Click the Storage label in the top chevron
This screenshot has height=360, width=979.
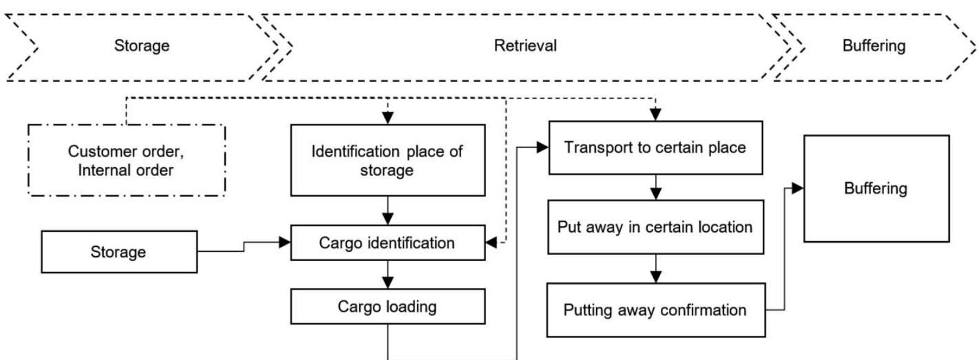pyautogui.click(x=142, y=46)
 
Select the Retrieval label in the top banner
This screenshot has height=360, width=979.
pyautogui.click(x=525, y=46)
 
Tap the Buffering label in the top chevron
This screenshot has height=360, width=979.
pyautogui.click(x=873, y=46)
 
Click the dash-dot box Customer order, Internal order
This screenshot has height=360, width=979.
pyautogui.click(x=126, y=160)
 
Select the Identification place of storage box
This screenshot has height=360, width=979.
pyautogui.click(x=387, y=160)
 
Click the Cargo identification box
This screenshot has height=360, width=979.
pyautogui.click(x=387, y=242)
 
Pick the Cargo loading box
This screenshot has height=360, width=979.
pyautogui.click(x=387, y=307)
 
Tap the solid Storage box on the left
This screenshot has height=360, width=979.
pyautogui.click(x=119, y=252)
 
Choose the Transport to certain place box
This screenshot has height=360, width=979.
pyautogui.click(x=655, y=148)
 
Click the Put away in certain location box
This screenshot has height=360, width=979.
pyautogui.click(x=655, y=227)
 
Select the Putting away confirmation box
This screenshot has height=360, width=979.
pyautogui.click(x=655, y=310)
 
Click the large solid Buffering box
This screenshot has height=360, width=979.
pyautogui.click(x=876, y=188)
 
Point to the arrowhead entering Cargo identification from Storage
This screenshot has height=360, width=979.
pyautogui.click(x=285, y=242)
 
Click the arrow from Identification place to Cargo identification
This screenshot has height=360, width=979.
pyautogui.click(x=388, y=211)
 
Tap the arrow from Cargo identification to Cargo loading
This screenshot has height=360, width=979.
pyautogui.click(x=388, y=275)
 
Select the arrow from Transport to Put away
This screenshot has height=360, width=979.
pyautogui.click(x=655, y=188)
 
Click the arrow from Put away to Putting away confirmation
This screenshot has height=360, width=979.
pyautogui.click(x=655, y=270)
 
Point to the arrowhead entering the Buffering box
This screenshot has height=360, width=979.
pyautogui.click(x=797, y=188)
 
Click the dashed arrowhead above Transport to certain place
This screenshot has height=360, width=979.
pyautogui.click(x=655, y=114)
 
